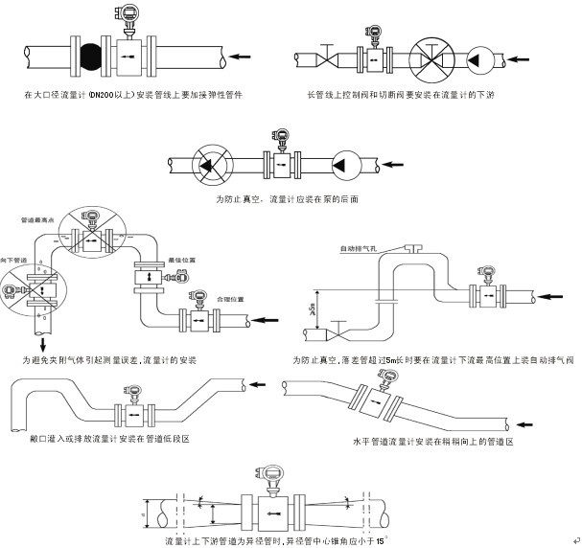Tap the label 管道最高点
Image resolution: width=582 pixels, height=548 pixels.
tap(35, 220)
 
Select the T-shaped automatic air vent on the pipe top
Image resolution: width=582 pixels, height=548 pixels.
tap(412, 247)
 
